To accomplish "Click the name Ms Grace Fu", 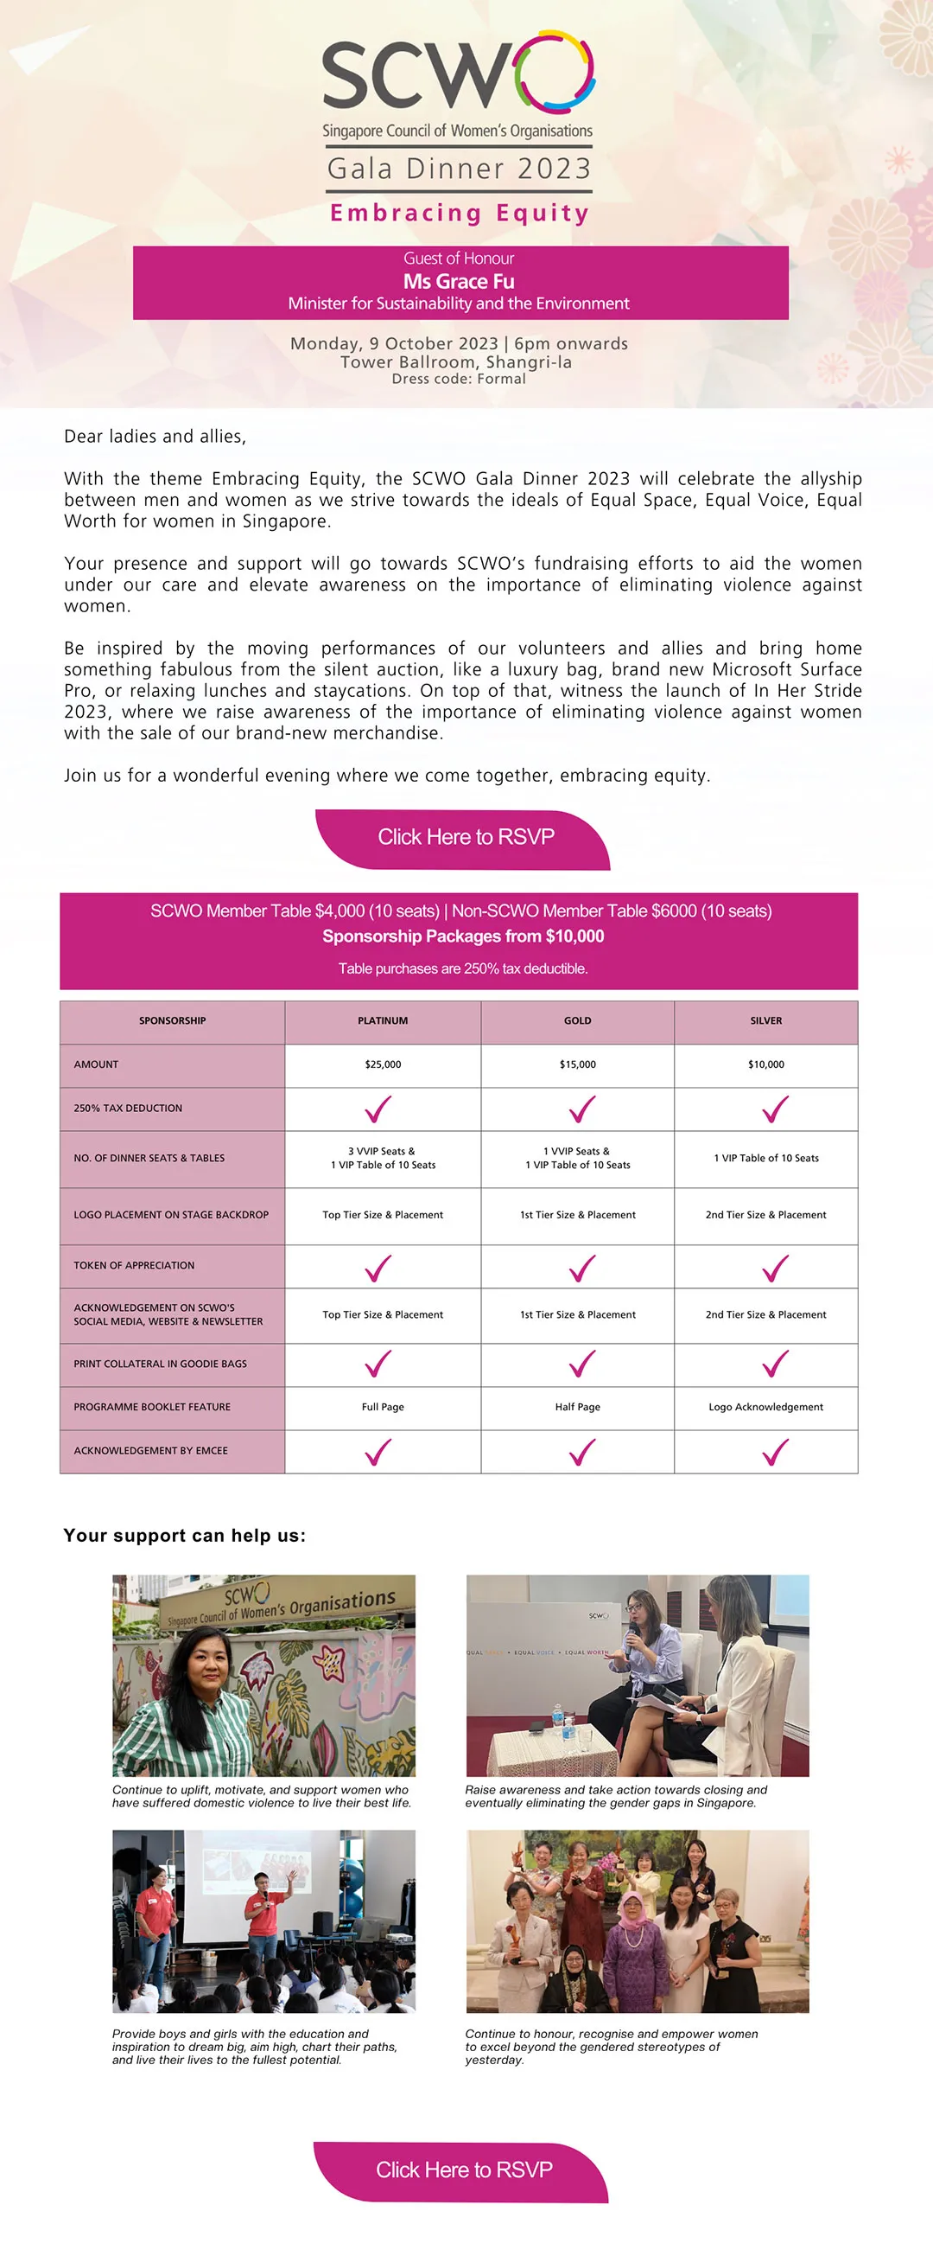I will click(459, 281).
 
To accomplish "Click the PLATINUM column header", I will click(383, 1021).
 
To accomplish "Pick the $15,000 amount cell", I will click(578, 1065).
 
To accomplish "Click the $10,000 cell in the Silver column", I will click(765, 1065).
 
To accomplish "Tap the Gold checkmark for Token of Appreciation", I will click(581, 1268).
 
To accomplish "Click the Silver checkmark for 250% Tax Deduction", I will click(775, 1109).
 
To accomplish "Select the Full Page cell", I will click(383, 1408).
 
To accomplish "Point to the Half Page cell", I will click(578, 1408).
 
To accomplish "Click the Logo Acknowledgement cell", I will click(765, 1408).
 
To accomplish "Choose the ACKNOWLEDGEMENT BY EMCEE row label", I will click(150, 1451).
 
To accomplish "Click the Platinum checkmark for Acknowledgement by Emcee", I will click(378, 1452).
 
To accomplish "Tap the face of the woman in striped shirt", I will click(203, 1665).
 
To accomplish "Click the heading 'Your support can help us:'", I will click(185, 1535).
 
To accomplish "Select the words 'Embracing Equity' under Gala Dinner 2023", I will click(460, 213).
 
